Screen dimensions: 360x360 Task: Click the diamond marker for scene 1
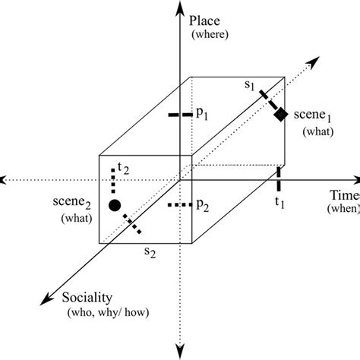280,114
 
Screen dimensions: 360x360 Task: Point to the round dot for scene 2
115,205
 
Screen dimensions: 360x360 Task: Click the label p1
203,112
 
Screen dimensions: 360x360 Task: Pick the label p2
203,204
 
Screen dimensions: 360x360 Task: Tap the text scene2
74,204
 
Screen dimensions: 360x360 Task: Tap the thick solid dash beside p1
179,115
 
